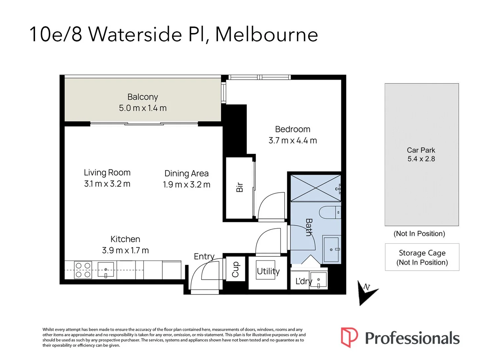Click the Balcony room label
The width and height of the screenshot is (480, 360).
tap(143, 97)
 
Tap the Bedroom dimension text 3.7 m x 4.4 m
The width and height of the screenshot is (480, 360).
tap(293, 141)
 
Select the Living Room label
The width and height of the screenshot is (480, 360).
tap(107, 173)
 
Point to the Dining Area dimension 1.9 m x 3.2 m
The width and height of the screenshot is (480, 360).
tap(186, 185)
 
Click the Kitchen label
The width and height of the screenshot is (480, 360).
tap(125, 239)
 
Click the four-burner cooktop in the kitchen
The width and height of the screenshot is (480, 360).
tap(83, 270)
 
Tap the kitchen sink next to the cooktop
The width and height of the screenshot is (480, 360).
tap(106, 270)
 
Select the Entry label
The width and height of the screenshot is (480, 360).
tap(204, 256)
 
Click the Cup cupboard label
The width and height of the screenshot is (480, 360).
tap(236, 269)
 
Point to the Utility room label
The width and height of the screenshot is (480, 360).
tap(268, 271)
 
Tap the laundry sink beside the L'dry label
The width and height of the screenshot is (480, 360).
tap(318, 281)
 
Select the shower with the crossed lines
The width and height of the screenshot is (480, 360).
tap(315, 188)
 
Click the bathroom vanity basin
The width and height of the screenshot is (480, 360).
tap(331, 250)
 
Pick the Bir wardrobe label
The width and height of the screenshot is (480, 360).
tap(239, 187)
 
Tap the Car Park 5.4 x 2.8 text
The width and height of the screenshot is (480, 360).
tap(421, 155)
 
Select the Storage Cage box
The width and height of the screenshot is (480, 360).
tap(422, 257)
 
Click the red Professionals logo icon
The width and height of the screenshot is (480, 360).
tap(349, 337)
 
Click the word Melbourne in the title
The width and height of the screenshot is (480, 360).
tap(266, 34)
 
